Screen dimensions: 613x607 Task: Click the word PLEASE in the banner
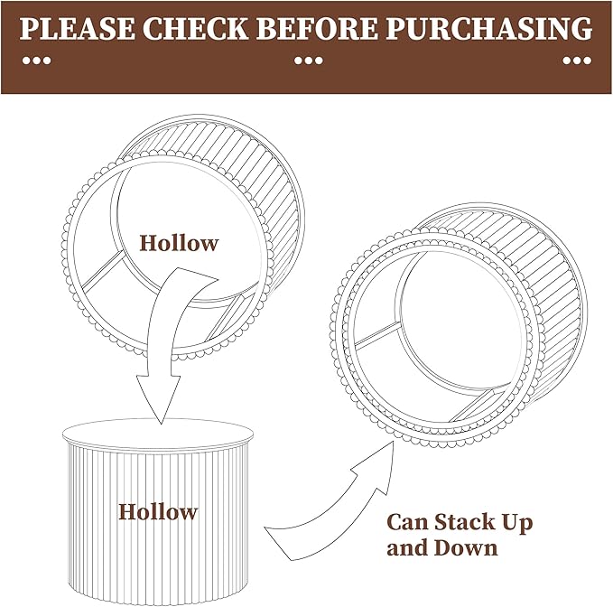[x=77, y=28]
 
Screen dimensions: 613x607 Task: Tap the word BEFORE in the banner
[x=317, y=28]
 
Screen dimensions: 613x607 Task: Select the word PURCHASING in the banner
[x=489, y=28]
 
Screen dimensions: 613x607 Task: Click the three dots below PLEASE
[x=37, y=61]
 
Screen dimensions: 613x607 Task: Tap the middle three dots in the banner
[x=309, y=61]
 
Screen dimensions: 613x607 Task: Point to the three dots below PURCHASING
[x=577, y=61]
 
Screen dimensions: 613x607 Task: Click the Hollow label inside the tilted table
[x=179, y=243]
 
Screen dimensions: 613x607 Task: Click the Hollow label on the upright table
[x=158, y=511]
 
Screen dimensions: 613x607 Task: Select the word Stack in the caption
[x=464, y=522]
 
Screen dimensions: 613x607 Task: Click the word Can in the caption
[x=408, y=522]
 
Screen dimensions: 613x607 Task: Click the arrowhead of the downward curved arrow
[x=158, y=399]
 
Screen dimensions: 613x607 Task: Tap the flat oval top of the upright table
[x=158, y=434]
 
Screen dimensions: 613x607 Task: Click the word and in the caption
[x=407, y=547]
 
